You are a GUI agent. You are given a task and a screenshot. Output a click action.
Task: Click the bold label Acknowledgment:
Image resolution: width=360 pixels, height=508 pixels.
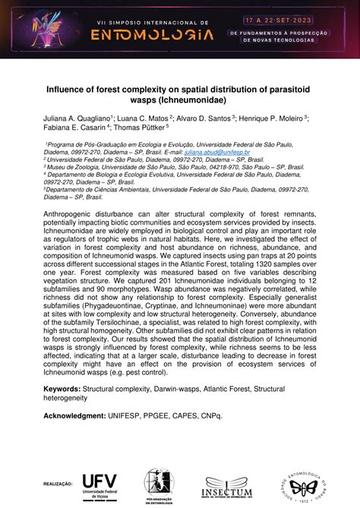point(78,415)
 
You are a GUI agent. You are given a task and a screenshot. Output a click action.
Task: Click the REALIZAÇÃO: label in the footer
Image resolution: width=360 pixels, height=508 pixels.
point(57,481)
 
